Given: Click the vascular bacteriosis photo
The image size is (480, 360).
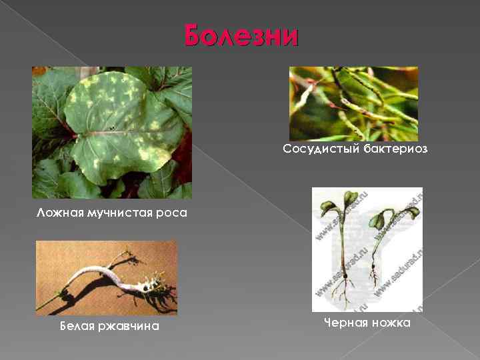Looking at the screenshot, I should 353,103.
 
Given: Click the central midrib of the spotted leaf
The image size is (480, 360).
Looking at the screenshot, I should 120,133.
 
